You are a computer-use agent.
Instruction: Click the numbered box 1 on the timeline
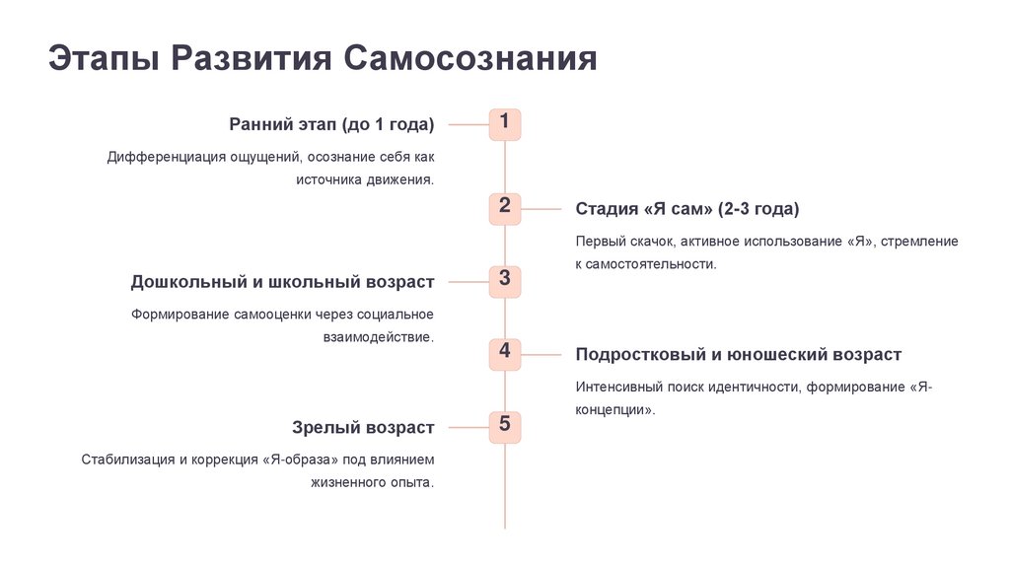(x=504, y=124)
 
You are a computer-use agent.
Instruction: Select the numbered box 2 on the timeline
(x=504, y=208)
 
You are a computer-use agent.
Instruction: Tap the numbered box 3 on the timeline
(x=504, y=281)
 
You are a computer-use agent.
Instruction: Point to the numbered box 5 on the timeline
(x=504, y=427)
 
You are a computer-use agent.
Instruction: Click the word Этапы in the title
(x=104, y=58)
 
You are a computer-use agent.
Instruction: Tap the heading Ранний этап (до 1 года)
(x=331, y=124)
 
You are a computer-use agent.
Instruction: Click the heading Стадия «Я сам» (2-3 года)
(x=686, y=209)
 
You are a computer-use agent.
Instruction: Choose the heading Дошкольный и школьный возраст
(x=282, y=282)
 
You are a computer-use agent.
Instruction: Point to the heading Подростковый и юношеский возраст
(x=738, y=355)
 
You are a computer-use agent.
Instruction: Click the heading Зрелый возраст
(x=363, y=428)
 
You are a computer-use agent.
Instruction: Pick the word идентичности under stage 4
(x=751, y=388)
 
